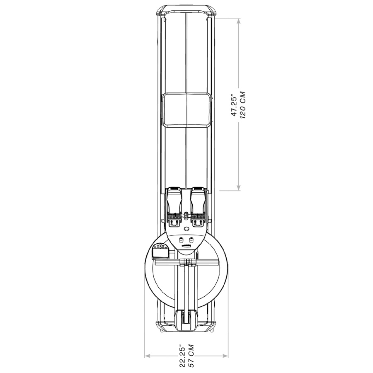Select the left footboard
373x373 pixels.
point(176,207)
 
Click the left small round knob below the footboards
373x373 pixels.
point(182,239)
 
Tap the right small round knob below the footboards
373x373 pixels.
point(191,239)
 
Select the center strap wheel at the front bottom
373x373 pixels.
point(186,319)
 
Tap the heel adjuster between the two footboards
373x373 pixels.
point(186,216)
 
